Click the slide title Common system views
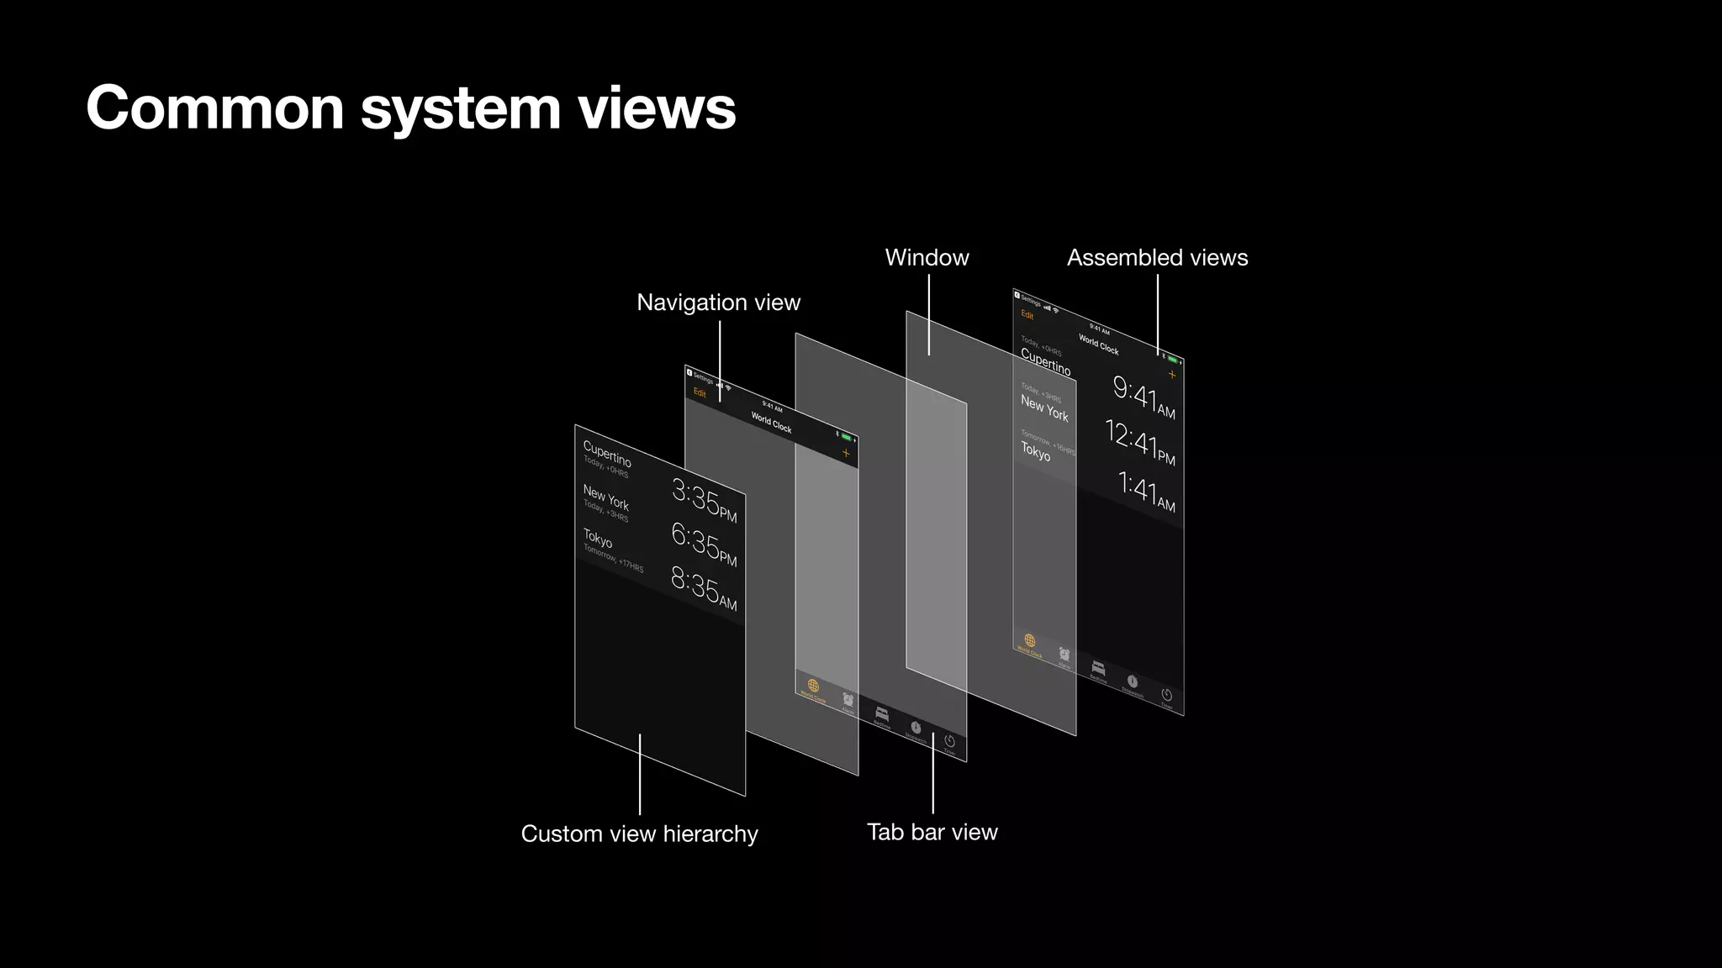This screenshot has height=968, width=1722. tap(410, 108)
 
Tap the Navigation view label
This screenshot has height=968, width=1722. tap(718, 302)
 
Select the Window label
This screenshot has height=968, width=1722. tap(927, 258)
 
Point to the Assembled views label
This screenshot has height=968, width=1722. tap(1157, 258)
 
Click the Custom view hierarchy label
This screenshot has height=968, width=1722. tap(639, 834)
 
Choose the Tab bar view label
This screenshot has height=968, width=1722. tap(932, 832)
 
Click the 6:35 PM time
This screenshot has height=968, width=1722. tap(703, 544)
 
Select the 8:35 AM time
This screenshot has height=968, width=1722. tap(703, 587)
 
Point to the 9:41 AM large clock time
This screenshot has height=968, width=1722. tap(1143, 396)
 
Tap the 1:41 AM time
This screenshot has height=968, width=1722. tap(1145, 489)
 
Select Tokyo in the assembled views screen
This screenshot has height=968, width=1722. tap(1035, 452)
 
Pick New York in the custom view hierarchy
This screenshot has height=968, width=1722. tap(605, 497)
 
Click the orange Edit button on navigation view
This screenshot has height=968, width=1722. tap(700, 393)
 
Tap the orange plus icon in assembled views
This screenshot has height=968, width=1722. tap(1172, 375)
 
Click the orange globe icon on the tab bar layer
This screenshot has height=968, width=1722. tap(813, 686)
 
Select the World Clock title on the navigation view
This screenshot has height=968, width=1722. tap(771, 423)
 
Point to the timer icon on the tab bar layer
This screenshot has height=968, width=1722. tap(949, 741)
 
